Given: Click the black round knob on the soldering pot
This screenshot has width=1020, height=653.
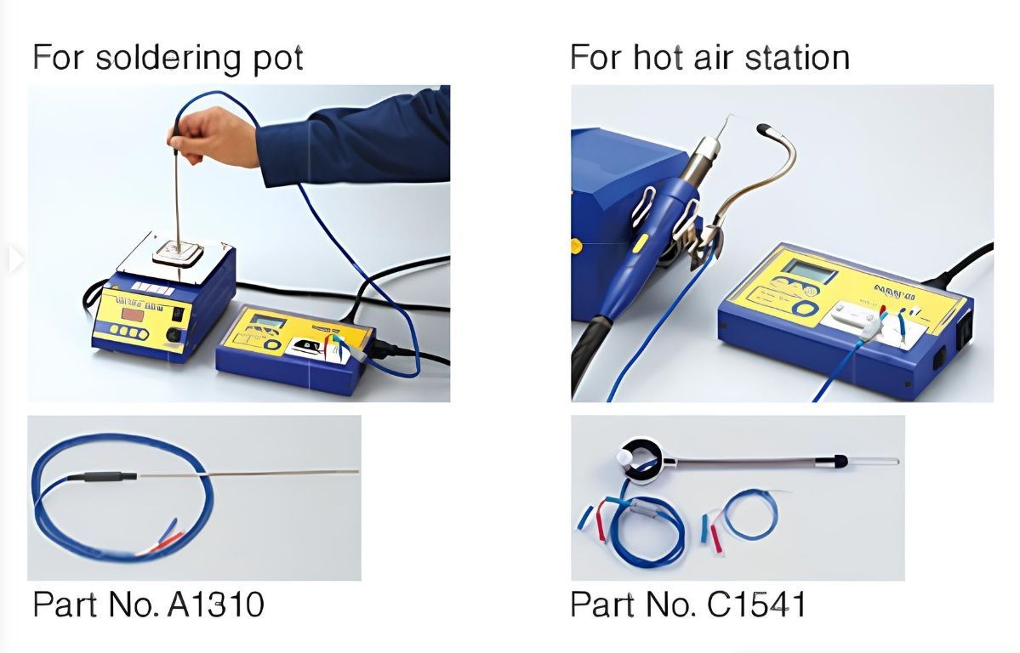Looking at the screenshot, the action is [x=174, y=335].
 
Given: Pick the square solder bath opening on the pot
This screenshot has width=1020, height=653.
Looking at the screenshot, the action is [x=178, y=252].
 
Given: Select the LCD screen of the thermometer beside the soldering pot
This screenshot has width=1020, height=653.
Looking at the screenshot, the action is [x=269, y=321].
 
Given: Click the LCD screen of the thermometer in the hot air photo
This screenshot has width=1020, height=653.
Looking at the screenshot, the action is [x=808, y=270].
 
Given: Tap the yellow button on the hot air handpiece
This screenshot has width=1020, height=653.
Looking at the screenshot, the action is [x=640, y=243].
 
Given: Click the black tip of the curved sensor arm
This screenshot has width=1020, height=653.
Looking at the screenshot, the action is [x=765, y=128].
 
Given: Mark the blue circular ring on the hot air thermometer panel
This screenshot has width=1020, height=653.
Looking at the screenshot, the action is [x=807, y=308].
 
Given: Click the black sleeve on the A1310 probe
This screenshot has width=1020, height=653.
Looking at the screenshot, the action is [x=102, y=477].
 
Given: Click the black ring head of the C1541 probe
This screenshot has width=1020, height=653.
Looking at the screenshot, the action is [x=640, y=459].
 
